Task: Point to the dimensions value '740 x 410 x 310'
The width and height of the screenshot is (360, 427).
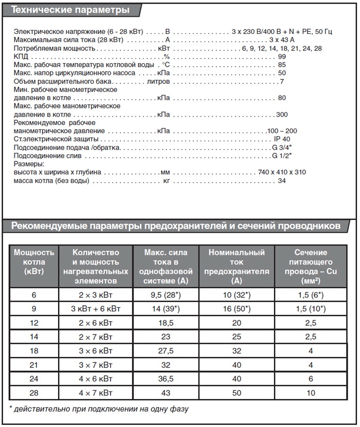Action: coord(282,172)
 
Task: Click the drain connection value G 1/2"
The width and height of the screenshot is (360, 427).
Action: coord(282,156)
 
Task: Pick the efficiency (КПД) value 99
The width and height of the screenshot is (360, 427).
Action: coord(282,57)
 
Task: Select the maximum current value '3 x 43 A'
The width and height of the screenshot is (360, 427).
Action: coord(282,40)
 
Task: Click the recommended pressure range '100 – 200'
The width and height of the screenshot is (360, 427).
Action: coord(282,131)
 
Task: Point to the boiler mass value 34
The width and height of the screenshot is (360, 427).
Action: coord(282,181)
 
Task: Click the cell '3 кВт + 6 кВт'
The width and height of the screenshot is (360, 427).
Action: coord(96,308)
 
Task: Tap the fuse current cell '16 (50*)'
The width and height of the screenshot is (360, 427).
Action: coord(237,308)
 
